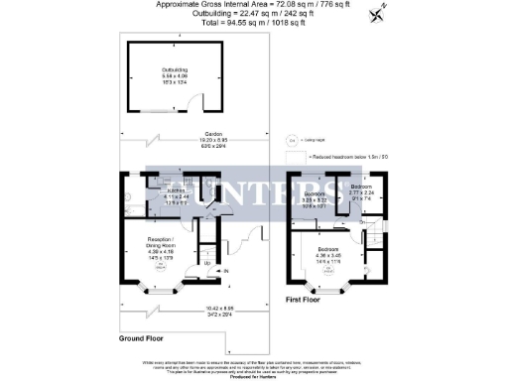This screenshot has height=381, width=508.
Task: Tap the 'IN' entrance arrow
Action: point(226,271)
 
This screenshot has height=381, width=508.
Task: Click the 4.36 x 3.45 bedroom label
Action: point(327,256)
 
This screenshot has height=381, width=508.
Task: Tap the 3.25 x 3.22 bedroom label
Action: point(315,196)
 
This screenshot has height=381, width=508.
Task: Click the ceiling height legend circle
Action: point(292,142)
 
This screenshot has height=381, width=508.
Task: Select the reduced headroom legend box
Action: point(294,157)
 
